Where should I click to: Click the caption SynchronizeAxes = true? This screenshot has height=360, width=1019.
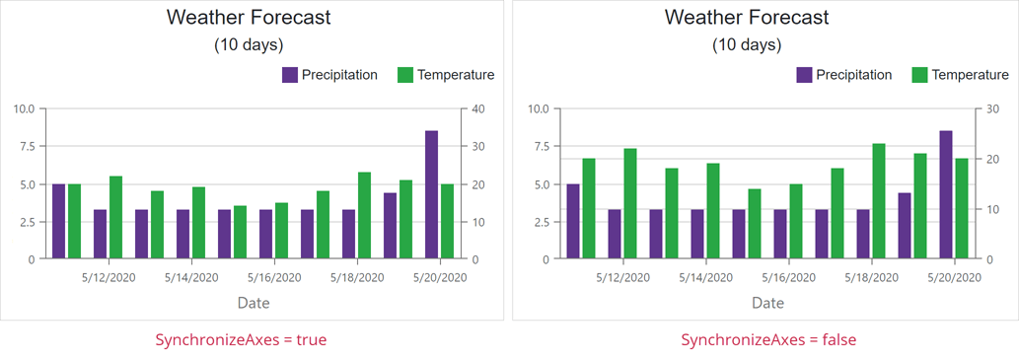pos(241,339)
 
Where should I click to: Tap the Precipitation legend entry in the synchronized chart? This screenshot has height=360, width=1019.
pos(328,75)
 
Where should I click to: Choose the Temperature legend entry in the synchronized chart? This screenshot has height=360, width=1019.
pos(445,75)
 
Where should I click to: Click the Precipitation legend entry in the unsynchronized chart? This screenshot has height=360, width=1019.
pos(843,75)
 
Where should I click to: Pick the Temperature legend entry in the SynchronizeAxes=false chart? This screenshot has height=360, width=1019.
pos(960,75)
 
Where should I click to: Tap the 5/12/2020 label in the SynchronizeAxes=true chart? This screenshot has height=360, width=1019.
pos(109,278)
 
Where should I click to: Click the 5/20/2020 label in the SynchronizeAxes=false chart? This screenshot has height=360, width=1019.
pos(955,278)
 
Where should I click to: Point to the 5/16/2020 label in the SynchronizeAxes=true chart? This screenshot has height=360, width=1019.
pos(274,278)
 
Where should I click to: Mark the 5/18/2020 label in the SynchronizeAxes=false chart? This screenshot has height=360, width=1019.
pos(872,278)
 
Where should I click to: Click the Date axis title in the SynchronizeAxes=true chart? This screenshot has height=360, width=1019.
pos(253,303)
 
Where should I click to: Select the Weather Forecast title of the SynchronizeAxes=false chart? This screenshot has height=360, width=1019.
pos(747,17)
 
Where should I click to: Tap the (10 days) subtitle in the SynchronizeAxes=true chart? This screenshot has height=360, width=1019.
pos(249,45)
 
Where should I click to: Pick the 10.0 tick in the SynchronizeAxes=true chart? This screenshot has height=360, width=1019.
pos(24,108)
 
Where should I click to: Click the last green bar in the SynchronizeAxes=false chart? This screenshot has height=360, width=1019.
pos(962,209)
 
